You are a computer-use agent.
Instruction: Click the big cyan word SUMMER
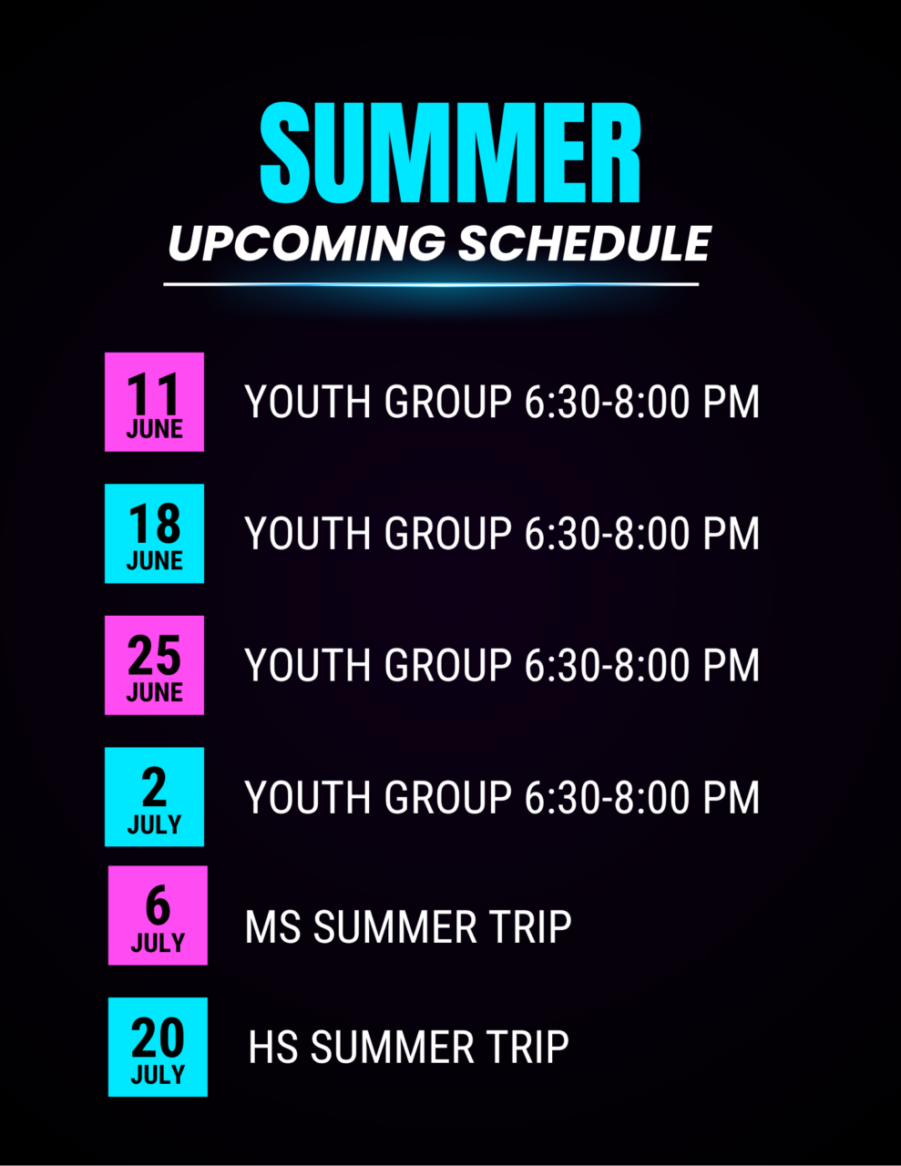pyautogui.click(x=450, y=152)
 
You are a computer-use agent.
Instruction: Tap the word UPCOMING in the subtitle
pyautogui.click(x=307, y=243)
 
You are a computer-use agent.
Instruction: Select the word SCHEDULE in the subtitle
pyautogui.click(x=585, y=243)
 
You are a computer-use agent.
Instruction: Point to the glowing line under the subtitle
pyautogui.click(x=431, y=284)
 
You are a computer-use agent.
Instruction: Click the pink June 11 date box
pyautogui.click(x=154, y=402)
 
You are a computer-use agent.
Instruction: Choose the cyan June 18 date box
pyautogui.click(x=154, y=534)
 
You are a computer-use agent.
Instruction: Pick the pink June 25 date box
pyautogui.click(x=154, y=665)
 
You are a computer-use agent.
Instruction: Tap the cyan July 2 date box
pyautogui.click(x=154, y=797)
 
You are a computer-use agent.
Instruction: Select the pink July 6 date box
pyautogui.click(x=158, y=915)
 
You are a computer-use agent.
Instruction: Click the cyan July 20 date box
pyautogui.click(x=158, y=1047)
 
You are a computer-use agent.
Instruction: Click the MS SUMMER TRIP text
pyautogui.click(x=408, y=926)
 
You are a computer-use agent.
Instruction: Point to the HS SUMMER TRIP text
pyautogui.click(x=408, y=1047)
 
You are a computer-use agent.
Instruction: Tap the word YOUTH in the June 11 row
pyautogui.click(x=308, y=402)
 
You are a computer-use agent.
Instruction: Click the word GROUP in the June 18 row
pyautogui.click(x=447, y=533)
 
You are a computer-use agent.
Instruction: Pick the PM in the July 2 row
pyautogui.click(x=732, y=797)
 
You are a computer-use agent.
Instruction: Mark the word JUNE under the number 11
pyautogui.click(x=155, y=429)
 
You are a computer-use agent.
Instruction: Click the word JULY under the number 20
pyautogui.click(x=158, y=1074)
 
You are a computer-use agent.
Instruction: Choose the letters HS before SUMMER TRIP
pyautogui.click(x=273, y=1047)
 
